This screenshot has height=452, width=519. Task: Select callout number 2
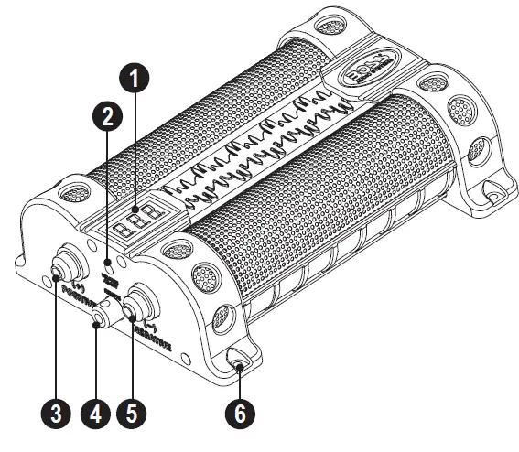coord(107,117)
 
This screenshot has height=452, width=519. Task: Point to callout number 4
coord(96,412)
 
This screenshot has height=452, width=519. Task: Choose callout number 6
coord(240,412)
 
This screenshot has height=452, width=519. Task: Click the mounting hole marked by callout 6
coord(240,368)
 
